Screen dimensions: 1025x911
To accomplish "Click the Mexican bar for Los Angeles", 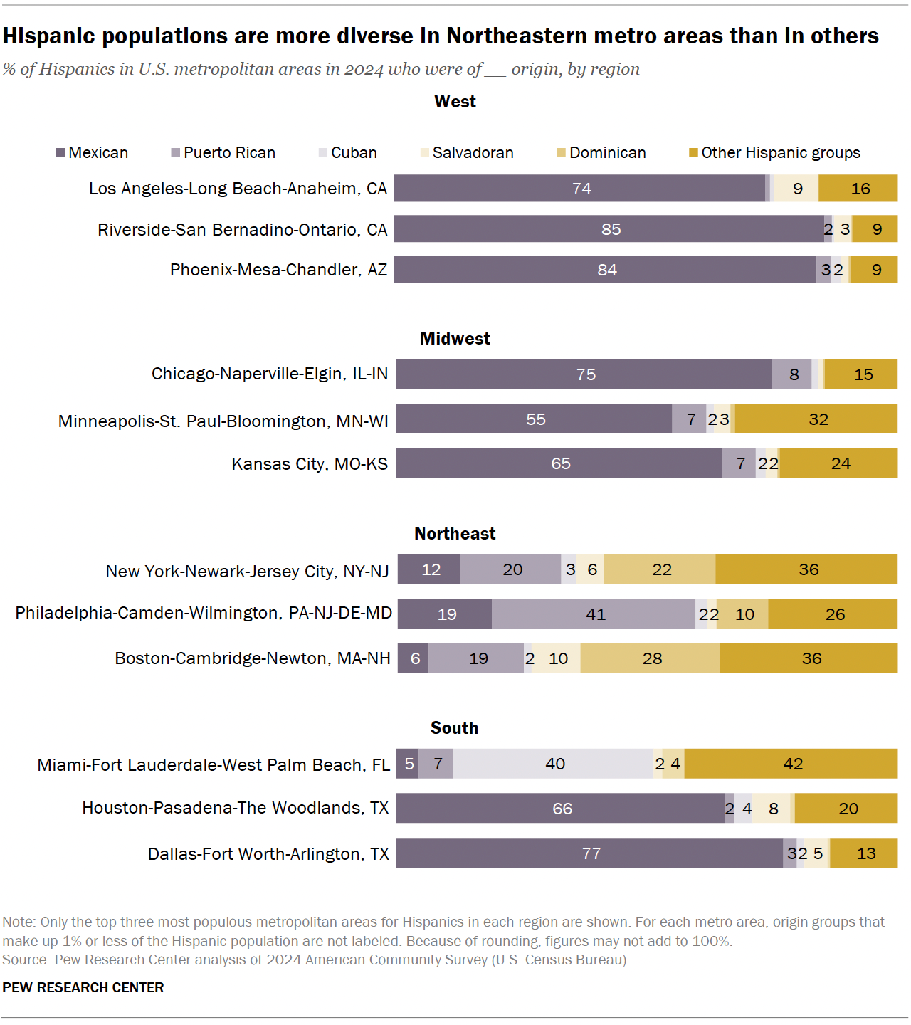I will click(580, 189).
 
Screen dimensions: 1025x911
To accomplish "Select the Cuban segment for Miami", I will click(554, 764).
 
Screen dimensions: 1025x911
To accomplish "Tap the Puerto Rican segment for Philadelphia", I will click(594, 614).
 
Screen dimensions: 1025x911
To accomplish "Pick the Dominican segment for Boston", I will click(651, 658).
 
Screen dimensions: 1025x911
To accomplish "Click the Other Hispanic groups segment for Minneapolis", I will click(817, 419).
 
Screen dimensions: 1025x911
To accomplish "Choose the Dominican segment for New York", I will click(660, 569).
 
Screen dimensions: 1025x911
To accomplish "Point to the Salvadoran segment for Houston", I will click(772, 809).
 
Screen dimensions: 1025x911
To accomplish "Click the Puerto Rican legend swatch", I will click(176, 153).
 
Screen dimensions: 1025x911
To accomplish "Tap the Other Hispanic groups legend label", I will click(781, 153).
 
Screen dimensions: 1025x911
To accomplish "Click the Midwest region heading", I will click(455, 339).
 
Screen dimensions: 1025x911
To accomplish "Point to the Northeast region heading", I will click(455, 534).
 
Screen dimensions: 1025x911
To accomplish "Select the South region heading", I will click(454, 728).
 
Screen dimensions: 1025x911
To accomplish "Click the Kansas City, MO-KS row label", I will click(310, 464).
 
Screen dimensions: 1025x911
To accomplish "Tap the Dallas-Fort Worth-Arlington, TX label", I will click(268, 854).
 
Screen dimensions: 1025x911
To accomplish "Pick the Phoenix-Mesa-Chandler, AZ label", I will click(278, 270).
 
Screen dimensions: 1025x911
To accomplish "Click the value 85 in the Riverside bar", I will click(611, 229).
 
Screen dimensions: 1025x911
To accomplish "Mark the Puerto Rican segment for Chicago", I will click(792, 374).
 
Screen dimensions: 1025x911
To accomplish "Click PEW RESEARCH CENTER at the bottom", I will click(83, 987).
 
